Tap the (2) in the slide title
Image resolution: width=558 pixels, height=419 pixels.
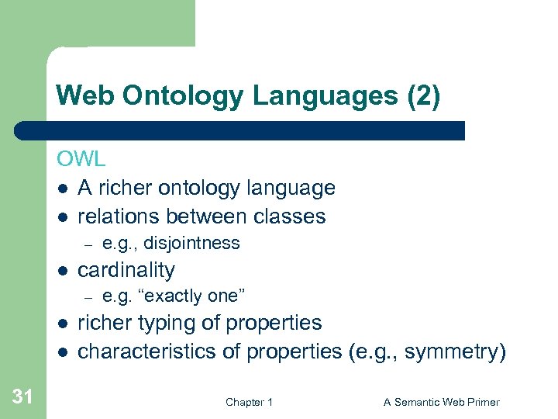423,96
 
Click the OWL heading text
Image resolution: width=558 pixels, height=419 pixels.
81,159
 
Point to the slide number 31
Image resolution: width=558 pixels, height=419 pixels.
23,397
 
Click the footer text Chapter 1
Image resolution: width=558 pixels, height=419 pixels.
249,402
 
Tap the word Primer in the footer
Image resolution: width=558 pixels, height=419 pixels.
480,402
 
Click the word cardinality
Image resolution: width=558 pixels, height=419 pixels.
126,270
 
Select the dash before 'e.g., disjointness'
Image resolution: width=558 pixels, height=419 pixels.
89,244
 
